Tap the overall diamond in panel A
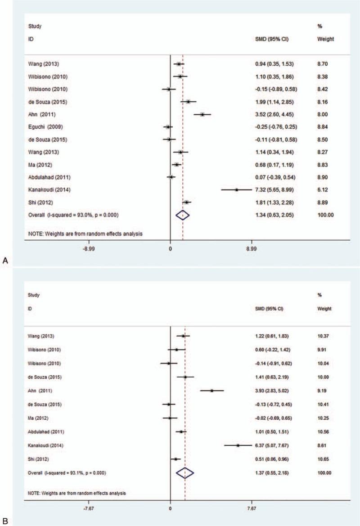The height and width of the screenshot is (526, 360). point(183,215)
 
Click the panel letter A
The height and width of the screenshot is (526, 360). point(5,260)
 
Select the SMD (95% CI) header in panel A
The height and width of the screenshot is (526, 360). point(271,39)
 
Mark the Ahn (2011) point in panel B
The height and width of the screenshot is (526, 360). point(211,391)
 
